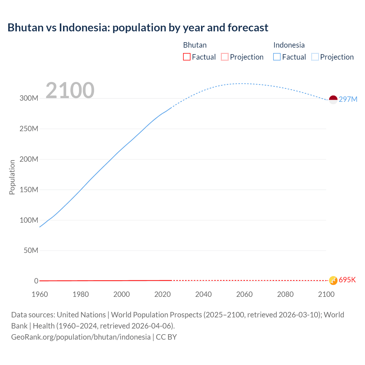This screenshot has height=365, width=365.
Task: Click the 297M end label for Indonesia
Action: (x=348, y=99)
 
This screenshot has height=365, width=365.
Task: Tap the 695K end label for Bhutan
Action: (x=347, y=280)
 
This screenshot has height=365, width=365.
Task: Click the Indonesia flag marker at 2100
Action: (x=333, y=100)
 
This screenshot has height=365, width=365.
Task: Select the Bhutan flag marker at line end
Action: (x=333, y=280)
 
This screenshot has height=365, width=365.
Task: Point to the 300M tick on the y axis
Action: (x=29, y=98)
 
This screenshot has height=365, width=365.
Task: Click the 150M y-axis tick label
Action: (x=29, y=190)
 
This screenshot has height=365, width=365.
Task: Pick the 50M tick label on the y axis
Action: (x=31, y=250)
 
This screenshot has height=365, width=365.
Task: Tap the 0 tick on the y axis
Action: (x=36, y=281)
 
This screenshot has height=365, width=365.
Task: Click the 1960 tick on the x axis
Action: (x=40, y=294)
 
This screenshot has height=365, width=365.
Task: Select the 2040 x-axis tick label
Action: (x=203, y=294)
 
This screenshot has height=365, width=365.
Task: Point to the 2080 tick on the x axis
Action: (x=285, y=294)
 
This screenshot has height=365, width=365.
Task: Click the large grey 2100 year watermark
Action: (x=70, y=90)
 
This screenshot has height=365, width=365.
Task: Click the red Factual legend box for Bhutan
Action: (x=187, y=57)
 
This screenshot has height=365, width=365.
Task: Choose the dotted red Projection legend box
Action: (x=225, y=57)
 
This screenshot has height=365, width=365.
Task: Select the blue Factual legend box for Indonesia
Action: (x=277, y=57)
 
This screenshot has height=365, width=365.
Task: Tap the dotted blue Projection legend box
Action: (x=315, y=57)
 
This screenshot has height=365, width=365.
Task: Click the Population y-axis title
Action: (x=12, y=177)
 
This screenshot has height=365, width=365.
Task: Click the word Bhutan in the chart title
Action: (x=25, y=28)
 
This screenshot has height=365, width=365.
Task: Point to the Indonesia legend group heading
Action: (x=289, y=45)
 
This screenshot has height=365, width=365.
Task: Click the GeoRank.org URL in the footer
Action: (x=81, y=337)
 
